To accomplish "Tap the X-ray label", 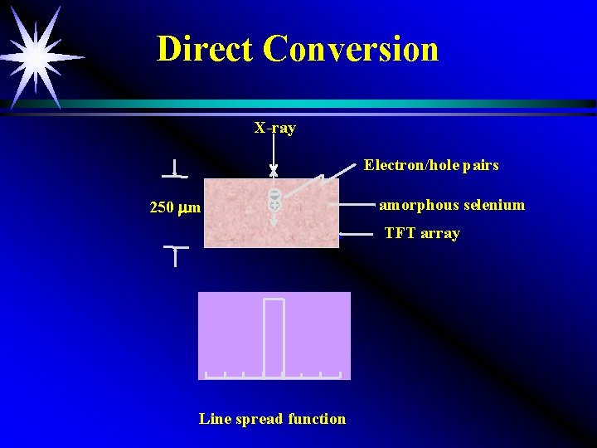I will coord(274,128).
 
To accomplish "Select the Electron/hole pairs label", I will coord(431,165).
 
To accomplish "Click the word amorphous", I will coord(418,205).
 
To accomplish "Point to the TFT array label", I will coord(421,233).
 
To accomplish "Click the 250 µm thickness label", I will coord(174,207).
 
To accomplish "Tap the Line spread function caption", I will coord(272,419).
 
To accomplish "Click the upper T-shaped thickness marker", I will coord(175,170).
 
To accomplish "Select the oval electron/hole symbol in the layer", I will coord(274,199).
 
